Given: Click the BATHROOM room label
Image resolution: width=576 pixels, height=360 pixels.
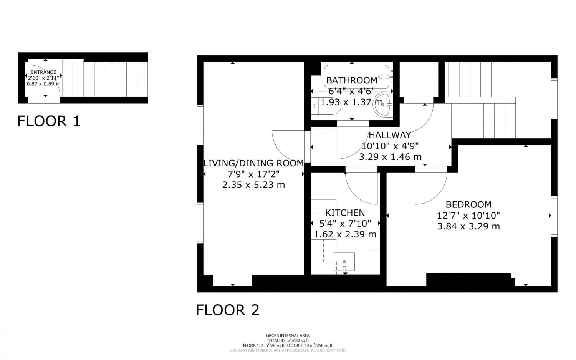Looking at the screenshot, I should click(x=351, y=80).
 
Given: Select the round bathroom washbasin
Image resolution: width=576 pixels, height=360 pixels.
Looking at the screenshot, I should click(x=383, y=104).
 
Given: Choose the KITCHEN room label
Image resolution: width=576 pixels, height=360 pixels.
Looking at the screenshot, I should click(x=345, y=212).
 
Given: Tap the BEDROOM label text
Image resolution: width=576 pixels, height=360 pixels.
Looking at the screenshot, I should click(x=468, y=204).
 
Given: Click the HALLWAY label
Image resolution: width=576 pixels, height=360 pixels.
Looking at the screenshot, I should click(x=390, y=135).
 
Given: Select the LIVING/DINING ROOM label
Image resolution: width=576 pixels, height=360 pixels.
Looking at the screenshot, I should click(x=253, y=163).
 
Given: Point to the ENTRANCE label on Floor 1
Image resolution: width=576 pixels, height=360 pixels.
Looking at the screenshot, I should click(x=43, y=72).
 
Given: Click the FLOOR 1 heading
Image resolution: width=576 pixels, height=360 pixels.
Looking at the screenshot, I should click(x=49, y=121).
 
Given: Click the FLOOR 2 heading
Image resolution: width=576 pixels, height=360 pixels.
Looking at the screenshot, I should click(x=228, y=310).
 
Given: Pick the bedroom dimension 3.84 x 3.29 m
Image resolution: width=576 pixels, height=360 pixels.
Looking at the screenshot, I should click(x=468, y=226).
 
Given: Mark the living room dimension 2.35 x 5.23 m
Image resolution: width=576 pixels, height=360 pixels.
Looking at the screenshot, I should click(x=253, y=185).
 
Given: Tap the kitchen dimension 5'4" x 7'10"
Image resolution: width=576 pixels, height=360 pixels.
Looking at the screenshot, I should click(x=345, y=223).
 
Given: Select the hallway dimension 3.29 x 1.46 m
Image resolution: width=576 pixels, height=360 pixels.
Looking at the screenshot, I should click(x=390, y=157).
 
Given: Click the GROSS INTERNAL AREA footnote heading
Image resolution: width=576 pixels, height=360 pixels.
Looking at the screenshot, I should click(x=288, y=335).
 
